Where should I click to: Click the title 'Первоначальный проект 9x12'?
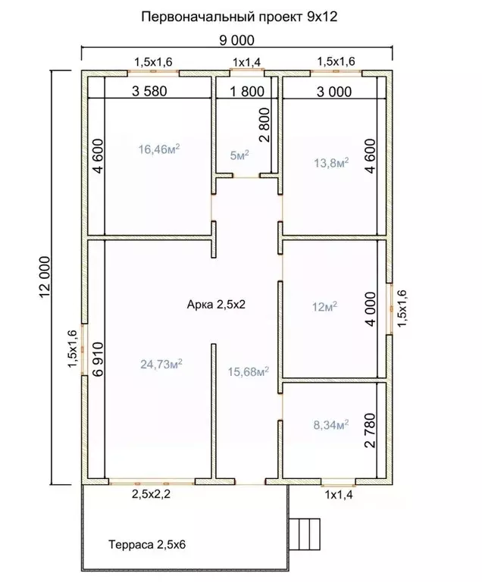pyautogui.click(x=239, y=17)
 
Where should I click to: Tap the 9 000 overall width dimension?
pyautogui.click(x=237, y=40)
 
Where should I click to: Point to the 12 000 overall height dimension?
pyautogui.click(x=45, y=277)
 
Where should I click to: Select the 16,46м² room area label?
pyautogui.click(x=159, y=149)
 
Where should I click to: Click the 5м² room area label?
pyautogui.click(x=239, y=155)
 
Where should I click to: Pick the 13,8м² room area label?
pyautogui.click(x=331, y=162)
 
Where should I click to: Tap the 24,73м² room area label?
pyautogui.click(x=161, y=364)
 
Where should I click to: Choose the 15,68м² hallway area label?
pyautogui.click(x=249, y=371)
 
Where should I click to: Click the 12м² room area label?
pyautogui.click(x=324, y=307)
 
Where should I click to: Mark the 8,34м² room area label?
pyautogui.click(x=331, y=424)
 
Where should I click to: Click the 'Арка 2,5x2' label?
pyautogui.click(x=216, y=305)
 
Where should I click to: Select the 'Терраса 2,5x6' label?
pyautogui.click(x=147, y=545)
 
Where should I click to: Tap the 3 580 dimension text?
pyautogui.click(x=149, y=91)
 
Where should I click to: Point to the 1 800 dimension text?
pyautogui.click(x=247, y=91)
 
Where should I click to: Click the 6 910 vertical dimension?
pyautogui.click(x=99, y=359)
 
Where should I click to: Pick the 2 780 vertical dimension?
pyautogui.click(x=371, y=430)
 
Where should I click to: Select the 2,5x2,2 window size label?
pyautogui.click(x=151, y=494)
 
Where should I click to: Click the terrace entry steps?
pyautogui.click(x=305, y=534)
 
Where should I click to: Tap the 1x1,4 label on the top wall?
pyautogui.click(x=247, y=62)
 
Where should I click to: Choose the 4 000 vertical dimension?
pyautogui.click(x=371, y=309)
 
